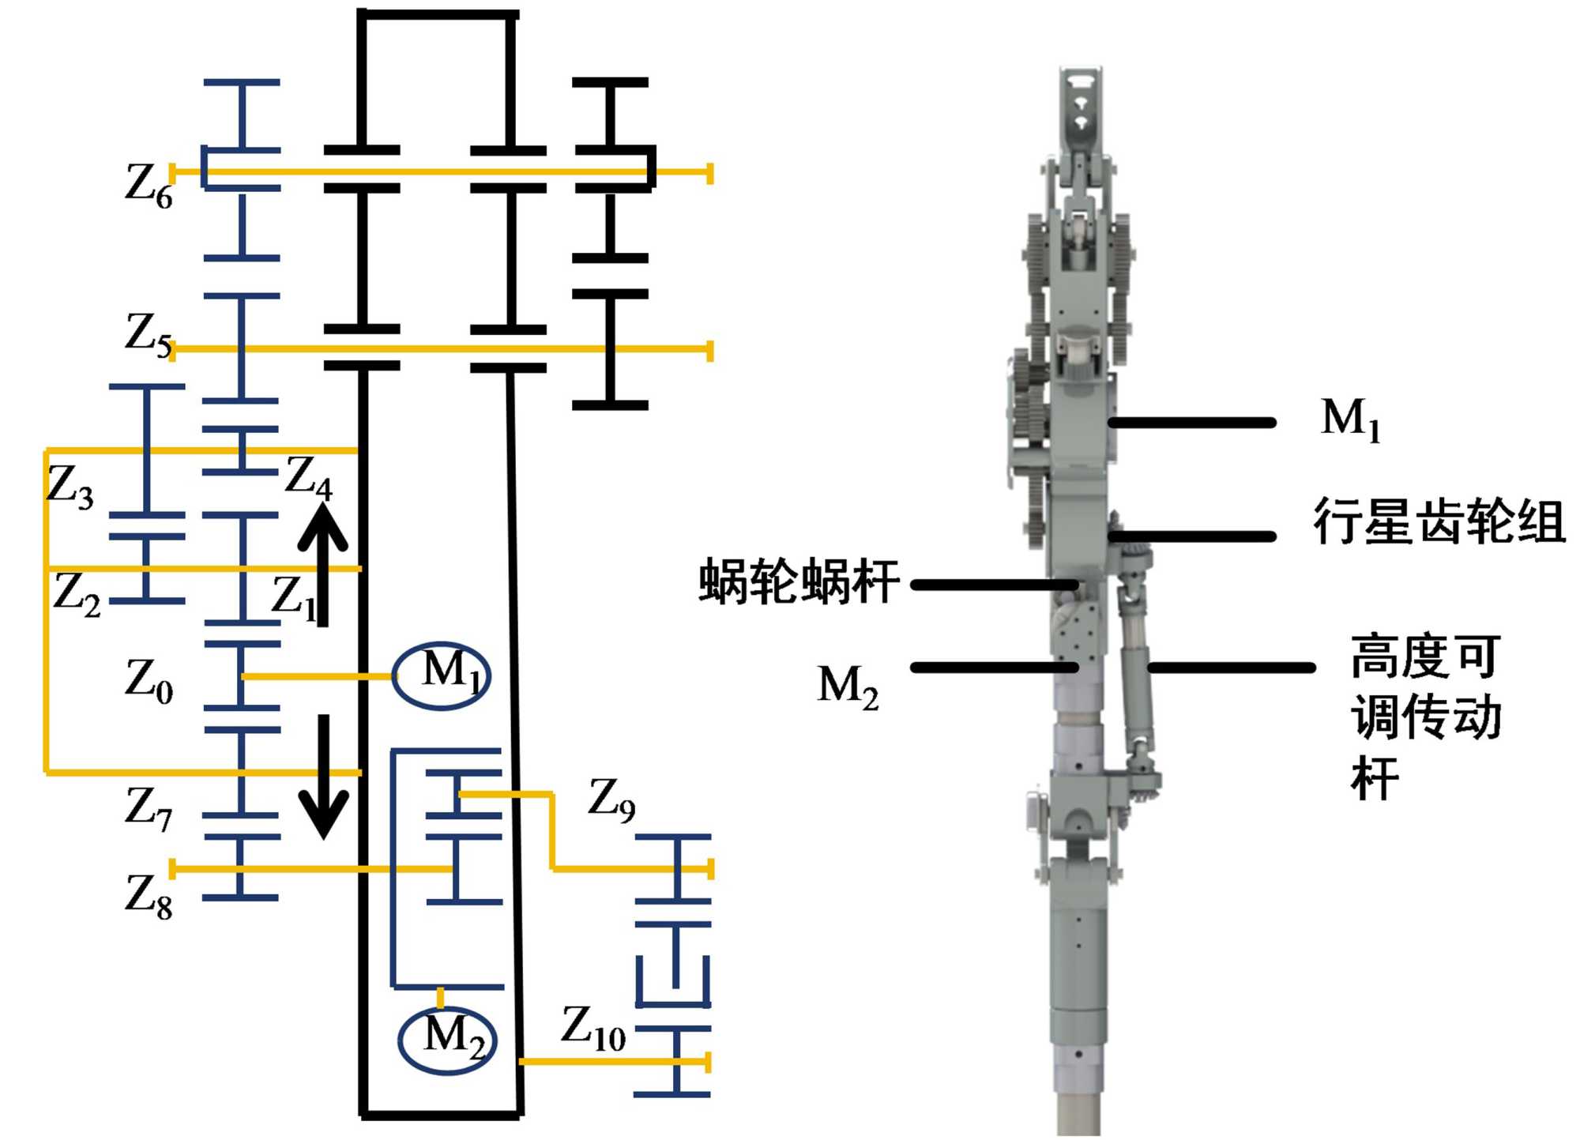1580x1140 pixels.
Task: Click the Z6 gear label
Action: (149, 186)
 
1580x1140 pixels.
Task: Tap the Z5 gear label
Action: (149, 335)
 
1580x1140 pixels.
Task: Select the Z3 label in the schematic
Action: (70, 486)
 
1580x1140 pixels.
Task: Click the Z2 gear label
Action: (77, 594)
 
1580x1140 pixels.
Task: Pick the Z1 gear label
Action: (293, 598)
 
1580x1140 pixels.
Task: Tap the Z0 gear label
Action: (149, 680)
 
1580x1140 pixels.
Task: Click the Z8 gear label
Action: (149, 897)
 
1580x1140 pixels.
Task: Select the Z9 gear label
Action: (611, 800)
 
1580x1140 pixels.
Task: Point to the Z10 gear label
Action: (593, 1028)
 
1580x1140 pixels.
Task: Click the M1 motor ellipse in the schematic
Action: (442, 676)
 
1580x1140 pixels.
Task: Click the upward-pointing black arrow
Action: (322, 565)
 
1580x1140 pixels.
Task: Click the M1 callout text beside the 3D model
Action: (1351, 420)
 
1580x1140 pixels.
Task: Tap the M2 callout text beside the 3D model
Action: (848, 687)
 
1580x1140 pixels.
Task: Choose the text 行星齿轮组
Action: (1439, 522)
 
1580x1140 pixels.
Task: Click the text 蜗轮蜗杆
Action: (799, 581)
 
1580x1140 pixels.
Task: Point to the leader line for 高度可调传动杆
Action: (1231, 668)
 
